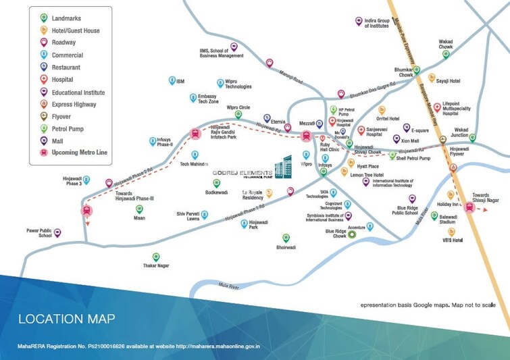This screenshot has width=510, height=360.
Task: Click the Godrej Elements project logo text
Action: pyautogui.click(x=243, y=174)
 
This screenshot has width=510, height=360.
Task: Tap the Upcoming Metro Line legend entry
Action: pyautogui.click(x=80, y=153)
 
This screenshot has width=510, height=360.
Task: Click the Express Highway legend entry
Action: pyautogui.click(x=74, y=104)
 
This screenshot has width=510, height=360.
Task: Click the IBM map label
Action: pyautogui.click(x=180, y=81)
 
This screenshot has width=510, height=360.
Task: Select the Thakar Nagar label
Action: pyautogui.click(x=156, y=266)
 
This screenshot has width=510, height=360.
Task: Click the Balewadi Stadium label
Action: pyautogui.click(x=449, y=220)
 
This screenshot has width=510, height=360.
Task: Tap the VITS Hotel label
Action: pyautogui.click(x=452, y=240)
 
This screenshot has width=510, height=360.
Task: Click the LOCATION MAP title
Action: pyautogui.click(x=66, y=319)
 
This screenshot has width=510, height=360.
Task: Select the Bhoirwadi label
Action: pyautogui.click(x=286, y=247)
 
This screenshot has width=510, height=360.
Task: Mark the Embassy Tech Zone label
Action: pyautogui.click(x=203, y=99)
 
